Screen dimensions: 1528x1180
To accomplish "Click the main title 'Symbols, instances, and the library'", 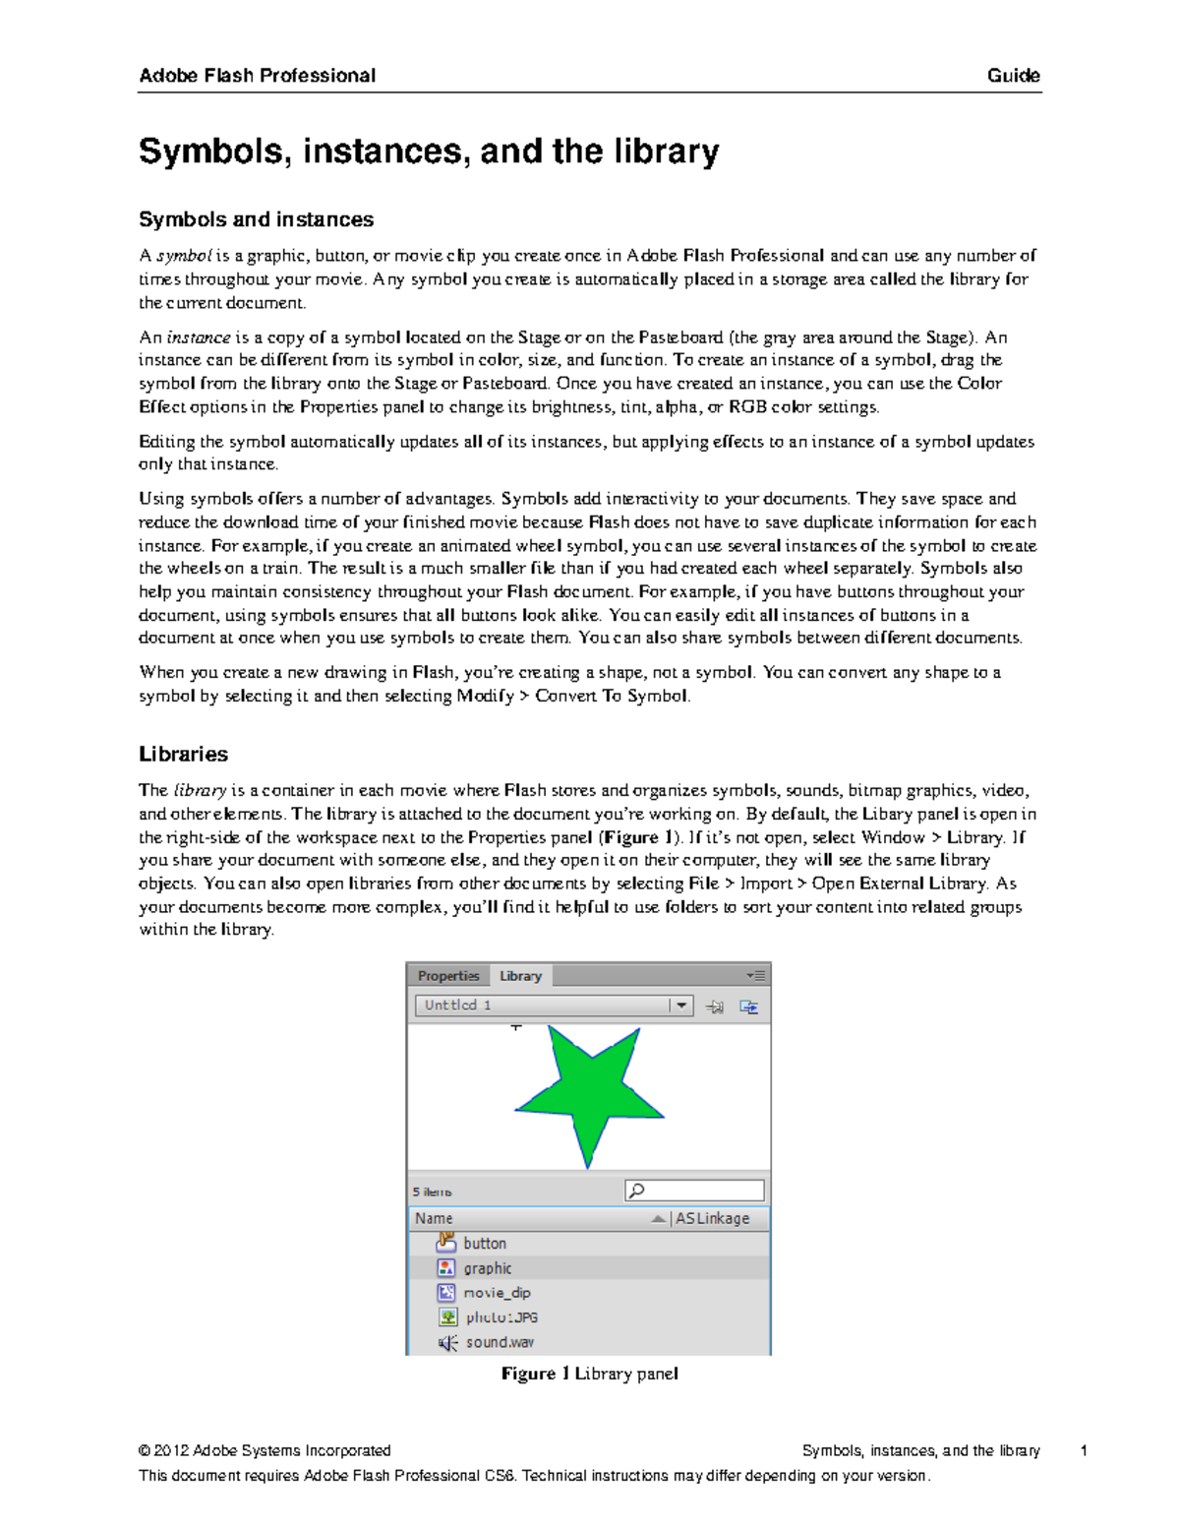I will (x=429, y=152).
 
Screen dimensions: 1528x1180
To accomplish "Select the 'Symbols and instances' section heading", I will (x=256, y=219).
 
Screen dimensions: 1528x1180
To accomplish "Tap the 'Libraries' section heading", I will (x=183, y=755).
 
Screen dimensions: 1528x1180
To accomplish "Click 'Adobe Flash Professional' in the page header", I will (x=257, y=76).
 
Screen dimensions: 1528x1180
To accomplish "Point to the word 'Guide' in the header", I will (x=1013, y=76).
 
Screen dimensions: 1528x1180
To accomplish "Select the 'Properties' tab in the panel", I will (x=447, y=976).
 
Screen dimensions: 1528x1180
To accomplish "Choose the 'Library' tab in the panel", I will (x=520, y=976).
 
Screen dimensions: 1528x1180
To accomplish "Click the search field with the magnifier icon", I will (x=694, y=1192).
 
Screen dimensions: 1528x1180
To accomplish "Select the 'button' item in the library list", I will (x=485, y=1244).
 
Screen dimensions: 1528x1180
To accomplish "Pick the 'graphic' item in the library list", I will (x=488, y=1268).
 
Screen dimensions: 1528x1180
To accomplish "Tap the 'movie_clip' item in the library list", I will (x=497, y=1293).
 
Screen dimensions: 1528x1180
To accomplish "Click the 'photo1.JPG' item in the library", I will (x=501, y=1317).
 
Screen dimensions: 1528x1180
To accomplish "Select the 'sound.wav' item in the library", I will (x=500, y=1342).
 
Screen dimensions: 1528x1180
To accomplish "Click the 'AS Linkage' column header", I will (x=712, y=1218).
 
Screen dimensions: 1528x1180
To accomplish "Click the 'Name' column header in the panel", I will (x=434, y=1218).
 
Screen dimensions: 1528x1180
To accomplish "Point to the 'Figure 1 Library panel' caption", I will (x=589, y=1374).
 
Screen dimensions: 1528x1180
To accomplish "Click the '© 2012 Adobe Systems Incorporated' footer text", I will (x=265, y=1450).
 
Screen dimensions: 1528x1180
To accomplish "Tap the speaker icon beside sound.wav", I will (x=447, y=1343).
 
